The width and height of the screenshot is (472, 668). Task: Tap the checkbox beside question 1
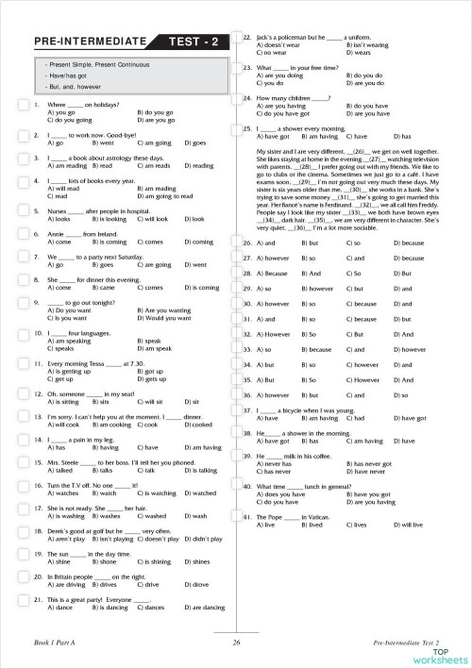(x=23, y=105)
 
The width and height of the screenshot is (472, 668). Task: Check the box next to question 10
(x=23, y=334)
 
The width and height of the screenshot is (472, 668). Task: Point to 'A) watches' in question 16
(x=62, y=493)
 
